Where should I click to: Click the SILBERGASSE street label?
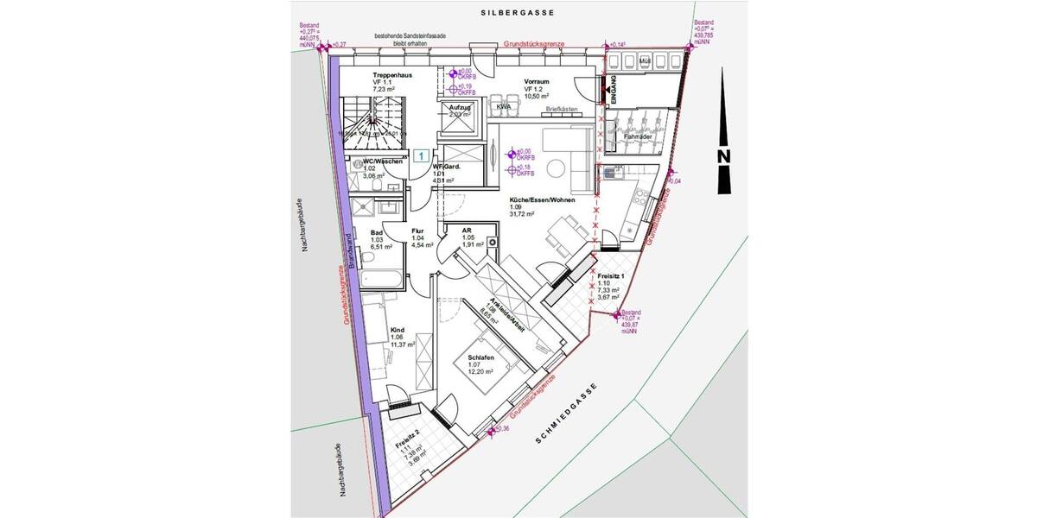point(517,13)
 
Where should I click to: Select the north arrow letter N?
point(724,155)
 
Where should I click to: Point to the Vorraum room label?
point(537,81)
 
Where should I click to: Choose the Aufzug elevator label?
point(459,106)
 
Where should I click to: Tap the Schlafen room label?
point(480,357)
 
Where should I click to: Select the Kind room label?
point(398,330)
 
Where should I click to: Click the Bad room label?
point(376,232)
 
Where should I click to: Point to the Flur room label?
point(418,231)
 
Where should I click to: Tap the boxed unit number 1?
point(421,155)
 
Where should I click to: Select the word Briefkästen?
point(562,110)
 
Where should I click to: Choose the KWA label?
point(503,106)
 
